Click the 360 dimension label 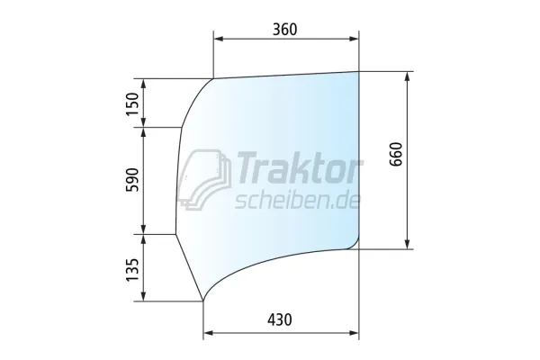[x=284, y=29]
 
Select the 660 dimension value [x=397, y=158]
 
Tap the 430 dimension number [x=280, y=319]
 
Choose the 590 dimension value [x=134, y=180]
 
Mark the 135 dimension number [x=134, y=267]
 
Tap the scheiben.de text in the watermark [x=296, y=200]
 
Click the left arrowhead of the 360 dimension [x=218, y=40]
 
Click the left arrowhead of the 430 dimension [x=208, y=333]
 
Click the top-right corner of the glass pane [x=358, y=71]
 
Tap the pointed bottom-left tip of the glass [x=203, y=301]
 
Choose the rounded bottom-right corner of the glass [x=355, y=243]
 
